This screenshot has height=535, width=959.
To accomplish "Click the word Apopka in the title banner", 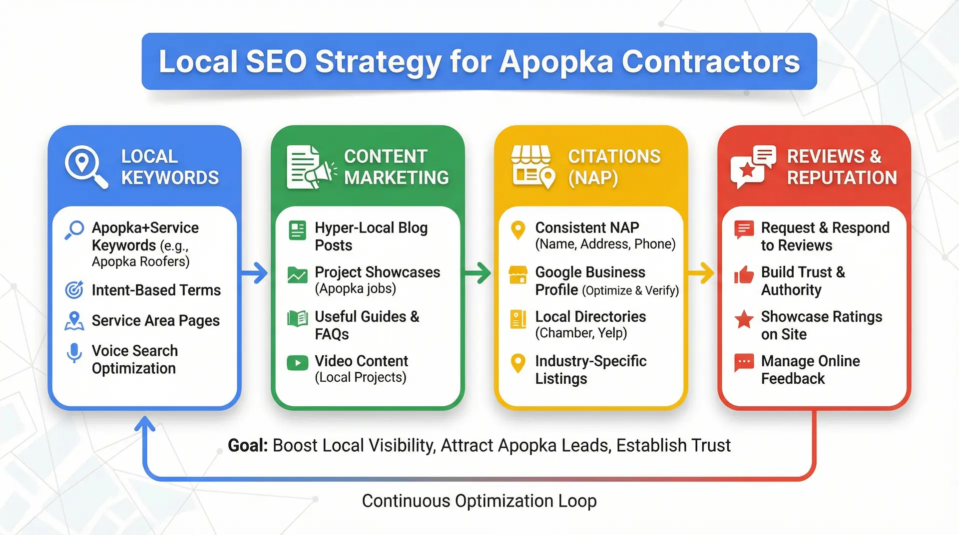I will (555, 62).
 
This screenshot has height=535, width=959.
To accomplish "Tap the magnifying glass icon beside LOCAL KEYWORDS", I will (85, 166).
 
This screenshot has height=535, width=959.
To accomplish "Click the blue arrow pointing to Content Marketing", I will (255, 273).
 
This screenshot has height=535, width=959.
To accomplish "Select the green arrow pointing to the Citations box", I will (478, 273).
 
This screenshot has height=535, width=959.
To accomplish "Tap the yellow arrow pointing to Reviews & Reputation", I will (701, 273).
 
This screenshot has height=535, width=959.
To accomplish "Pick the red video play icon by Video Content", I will (298, 363).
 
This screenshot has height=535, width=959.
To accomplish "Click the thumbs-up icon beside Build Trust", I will (744, 274).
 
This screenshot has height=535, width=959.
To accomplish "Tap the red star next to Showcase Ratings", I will (744, 319).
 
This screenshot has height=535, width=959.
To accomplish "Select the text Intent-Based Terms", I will (156, 290).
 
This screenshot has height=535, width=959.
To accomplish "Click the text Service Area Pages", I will (155, 320).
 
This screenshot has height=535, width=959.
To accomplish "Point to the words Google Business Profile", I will (590, 280).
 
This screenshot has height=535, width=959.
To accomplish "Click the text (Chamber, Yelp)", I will (581, 333).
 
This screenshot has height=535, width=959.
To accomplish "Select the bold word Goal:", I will (248, 445).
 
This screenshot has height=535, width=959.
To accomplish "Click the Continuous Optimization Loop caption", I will (479, 501).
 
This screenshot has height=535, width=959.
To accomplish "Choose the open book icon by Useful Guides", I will (298, 318).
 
